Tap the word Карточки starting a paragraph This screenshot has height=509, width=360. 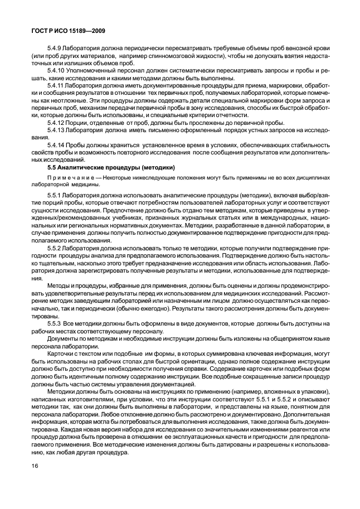pos(61,352)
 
